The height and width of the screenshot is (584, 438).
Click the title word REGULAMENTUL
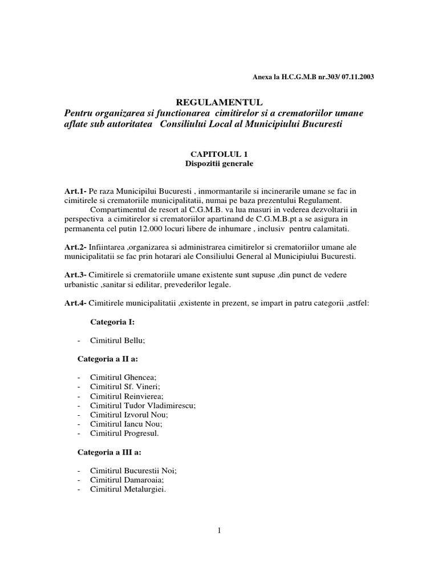(219, 102)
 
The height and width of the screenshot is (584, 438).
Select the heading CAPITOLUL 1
(219, 154)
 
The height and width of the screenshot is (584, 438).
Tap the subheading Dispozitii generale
(219, 164)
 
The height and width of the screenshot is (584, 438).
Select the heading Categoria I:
(112, 323)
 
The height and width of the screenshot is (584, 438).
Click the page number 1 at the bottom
(219, 531)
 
